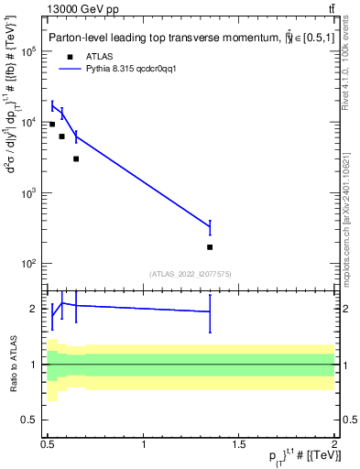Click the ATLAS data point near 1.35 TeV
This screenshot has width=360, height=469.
(x=210, y=247)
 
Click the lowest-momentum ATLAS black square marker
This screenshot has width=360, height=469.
(x=52, y=124)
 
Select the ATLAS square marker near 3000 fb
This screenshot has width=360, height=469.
(x=76, y=158)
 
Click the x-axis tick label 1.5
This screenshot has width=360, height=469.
(x=239, y=443)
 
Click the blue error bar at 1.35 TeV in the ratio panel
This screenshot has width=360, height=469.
(x=210, y=312)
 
